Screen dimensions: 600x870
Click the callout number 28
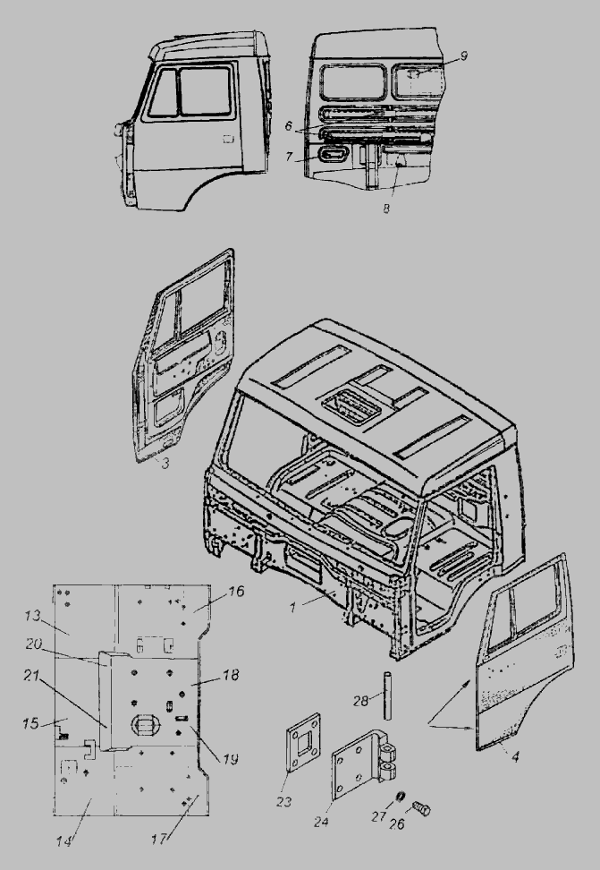360,701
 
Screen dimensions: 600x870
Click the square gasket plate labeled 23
304,742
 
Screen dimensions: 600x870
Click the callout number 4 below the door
516,756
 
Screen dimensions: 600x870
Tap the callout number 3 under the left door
165,464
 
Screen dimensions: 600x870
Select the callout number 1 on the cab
293,607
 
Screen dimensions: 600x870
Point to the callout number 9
463,56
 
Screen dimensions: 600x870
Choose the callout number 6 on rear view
288,126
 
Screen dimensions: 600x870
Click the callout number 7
289,157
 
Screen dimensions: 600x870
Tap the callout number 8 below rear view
386,209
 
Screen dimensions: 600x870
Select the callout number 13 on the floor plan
33,616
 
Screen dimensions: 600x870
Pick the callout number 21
31,675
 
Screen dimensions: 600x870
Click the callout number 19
230,758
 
